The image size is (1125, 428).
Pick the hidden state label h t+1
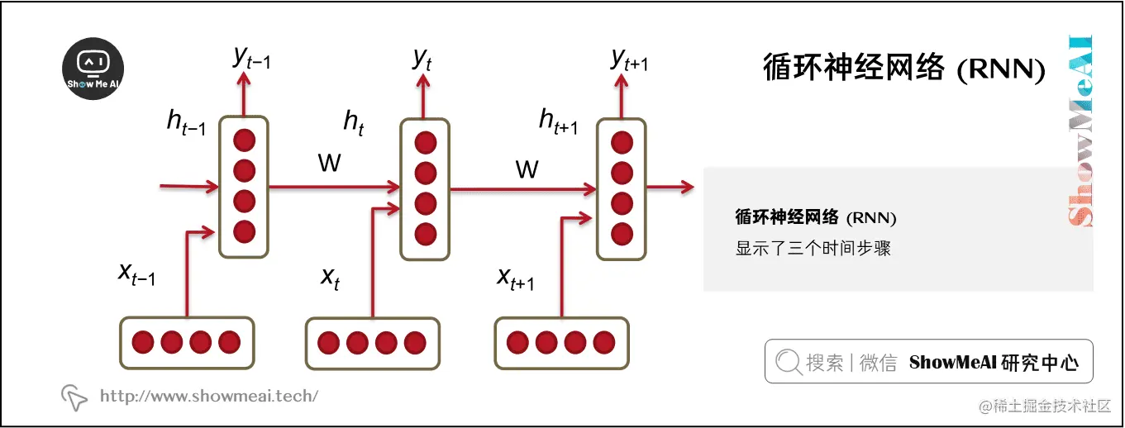(x=558, y=122)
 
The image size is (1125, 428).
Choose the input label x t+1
(x=515, y=278)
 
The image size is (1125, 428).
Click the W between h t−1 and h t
(x=329, y=164)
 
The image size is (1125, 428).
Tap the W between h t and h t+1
(x=527, y=170)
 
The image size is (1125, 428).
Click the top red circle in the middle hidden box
(x=425, y=144)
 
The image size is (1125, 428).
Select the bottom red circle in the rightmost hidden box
(x=622, y=232)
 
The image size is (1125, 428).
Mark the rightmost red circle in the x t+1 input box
(x=604, y=342)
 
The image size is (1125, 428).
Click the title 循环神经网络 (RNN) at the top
(x=903, y=68)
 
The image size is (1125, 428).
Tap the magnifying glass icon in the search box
(x=789, y=361)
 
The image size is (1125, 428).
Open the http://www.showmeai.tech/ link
(x=208, y=397)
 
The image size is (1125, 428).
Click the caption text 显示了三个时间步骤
(x=813, y=248)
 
